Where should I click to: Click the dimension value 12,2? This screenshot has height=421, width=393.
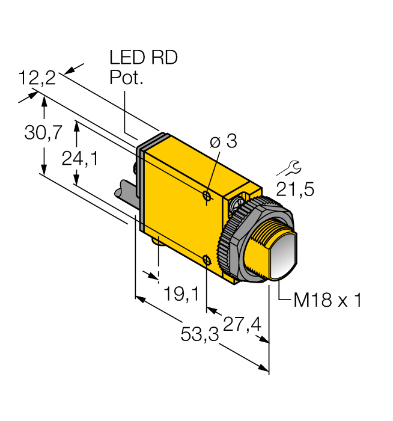tap(37, 78)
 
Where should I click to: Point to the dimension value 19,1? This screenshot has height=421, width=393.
tap(181, 293)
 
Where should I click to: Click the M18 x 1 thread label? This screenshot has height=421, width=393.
tap(327, 300)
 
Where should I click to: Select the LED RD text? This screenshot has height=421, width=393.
tap(144, 58)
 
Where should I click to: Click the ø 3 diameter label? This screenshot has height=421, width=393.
tap(224, 142)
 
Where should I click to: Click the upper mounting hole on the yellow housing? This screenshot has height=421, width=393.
tap(207, 196)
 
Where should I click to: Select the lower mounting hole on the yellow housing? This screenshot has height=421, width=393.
tap(206, 259)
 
